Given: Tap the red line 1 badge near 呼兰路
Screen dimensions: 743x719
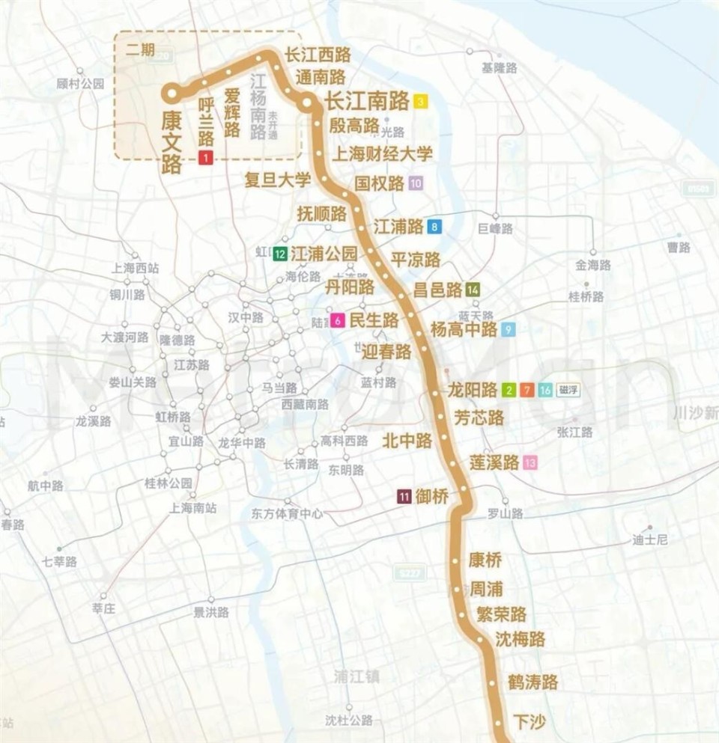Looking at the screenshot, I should click(x=206, y=157).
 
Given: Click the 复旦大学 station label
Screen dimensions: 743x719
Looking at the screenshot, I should click(x=277, y=180).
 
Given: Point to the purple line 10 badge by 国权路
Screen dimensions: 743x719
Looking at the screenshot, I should click(x=416, y=183).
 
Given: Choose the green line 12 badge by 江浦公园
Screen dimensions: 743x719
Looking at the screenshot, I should click(x=281, y=254).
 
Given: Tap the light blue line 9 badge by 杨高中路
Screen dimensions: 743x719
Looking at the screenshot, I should click(x=509, y=329).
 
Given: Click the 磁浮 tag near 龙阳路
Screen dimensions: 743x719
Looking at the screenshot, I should click(x=568, y=390).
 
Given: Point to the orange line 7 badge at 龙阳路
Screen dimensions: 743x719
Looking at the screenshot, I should click(x=527, y=390).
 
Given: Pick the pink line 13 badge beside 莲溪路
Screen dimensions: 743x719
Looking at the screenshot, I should click(x=530, y=462).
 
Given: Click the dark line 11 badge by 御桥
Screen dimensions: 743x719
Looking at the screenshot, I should click(x=404, y=496).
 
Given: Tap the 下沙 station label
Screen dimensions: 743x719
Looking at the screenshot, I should click(x=530, y=722).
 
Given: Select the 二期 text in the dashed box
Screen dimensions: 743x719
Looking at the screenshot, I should click(x=140, y=50).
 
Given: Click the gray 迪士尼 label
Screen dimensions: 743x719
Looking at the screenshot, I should click(x=649, y=539).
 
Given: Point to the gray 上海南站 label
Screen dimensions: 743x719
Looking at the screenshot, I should click(x=193, y=507).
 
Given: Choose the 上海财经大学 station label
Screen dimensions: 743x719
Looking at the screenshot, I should click(x=382, y=154).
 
